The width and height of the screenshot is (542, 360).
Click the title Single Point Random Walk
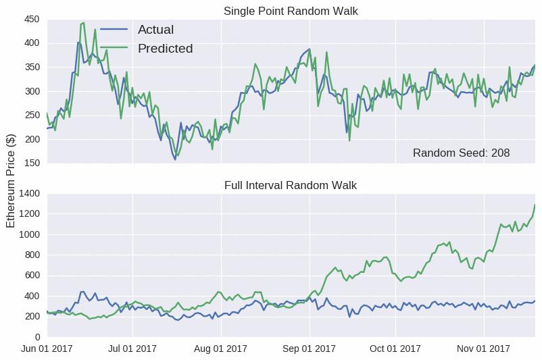point(291,11)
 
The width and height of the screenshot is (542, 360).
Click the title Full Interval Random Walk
point(291,185)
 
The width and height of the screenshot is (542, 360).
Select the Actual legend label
point(155,30)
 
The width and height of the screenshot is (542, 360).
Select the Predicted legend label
point(165,49)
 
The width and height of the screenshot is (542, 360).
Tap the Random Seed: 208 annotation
point(461,153)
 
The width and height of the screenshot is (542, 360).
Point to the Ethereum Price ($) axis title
point(11,181)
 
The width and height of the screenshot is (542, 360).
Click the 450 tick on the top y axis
point(32,20)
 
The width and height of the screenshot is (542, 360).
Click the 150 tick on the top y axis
point(32,163)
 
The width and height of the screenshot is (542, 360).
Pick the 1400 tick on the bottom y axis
point(29,193)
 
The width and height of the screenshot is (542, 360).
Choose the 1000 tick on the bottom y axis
point(29,234)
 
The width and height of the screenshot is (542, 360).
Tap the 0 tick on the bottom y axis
point(37,337)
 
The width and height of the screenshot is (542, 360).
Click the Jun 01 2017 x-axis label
point(47,349)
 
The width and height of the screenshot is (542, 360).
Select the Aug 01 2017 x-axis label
point(220,349)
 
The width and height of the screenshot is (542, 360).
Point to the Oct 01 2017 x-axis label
point(395,349)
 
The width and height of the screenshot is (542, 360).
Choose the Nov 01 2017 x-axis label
point(483,349)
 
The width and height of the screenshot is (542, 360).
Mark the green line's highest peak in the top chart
point(84,23)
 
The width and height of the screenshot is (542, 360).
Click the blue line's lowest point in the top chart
point(175,159)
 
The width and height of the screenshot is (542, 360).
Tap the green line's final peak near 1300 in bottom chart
point(535,205)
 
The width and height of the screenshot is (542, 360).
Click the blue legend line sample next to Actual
point(114,30)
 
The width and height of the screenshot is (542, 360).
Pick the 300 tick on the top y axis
point(32,91)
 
